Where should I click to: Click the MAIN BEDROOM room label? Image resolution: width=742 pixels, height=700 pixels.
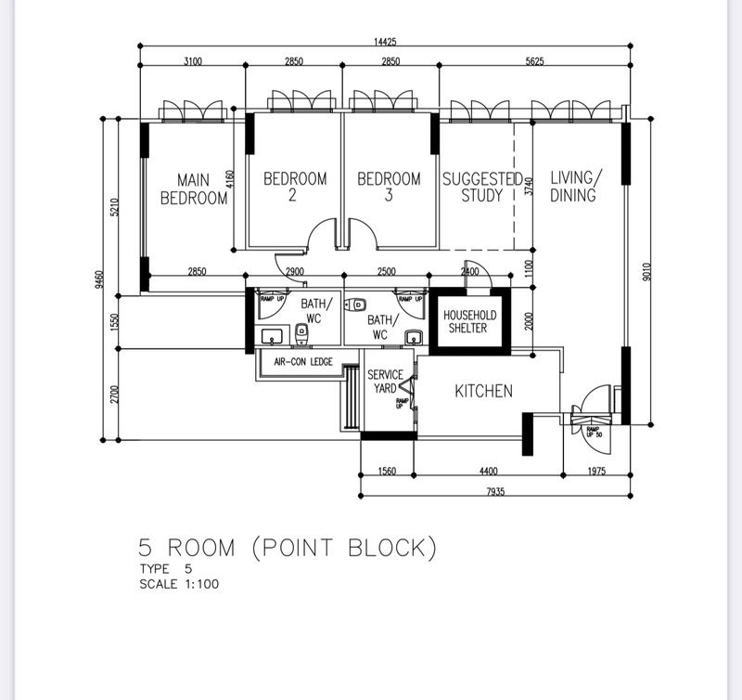193,188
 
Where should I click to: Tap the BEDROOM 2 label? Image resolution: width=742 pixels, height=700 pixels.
295,187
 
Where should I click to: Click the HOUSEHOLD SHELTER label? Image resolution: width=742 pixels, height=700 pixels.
469,321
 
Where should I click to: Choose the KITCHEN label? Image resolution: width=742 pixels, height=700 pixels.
482,391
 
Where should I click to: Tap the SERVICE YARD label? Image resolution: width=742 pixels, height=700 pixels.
385,382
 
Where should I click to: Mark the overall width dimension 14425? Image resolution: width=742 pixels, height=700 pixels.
381,42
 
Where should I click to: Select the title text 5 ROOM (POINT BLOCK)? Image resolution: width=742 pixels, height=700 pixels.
288,548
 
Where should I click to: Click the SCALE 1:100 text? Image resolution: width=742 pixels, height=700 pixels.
179,585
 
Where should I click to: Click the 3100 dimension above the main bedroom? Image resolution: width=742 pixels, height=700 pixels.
192,61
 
